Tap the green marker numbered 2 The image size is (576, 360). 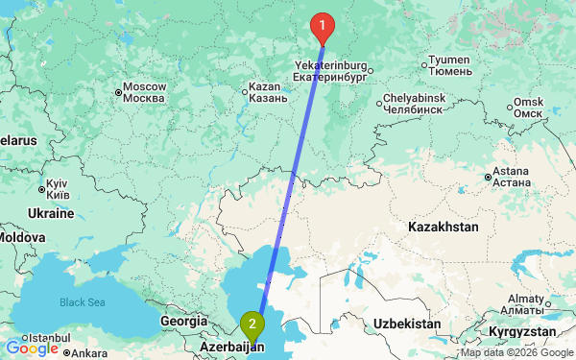tap(252, 324)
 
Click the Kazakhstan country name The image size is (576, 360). tap(443, 228)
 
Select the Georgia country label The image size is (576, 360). tap(183, 322)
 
